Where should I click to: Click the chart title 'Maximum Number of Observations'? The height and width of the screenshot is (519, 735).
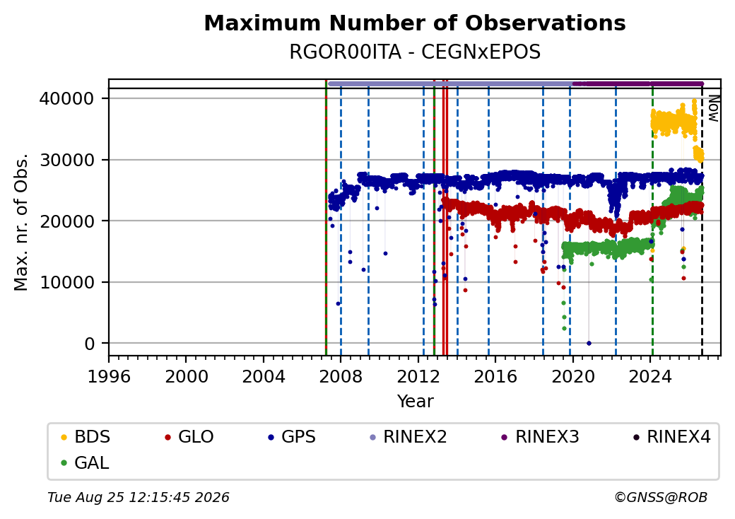tap(415, 23)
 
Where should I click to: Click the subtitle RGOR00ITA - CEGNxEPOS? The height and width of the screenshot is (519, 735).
tap(415, 52)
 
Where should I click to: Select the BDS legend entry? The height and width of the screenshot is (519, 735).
tap(86, 437)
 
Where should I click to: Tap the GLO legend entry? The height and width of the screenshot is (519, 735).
tap(189, 437)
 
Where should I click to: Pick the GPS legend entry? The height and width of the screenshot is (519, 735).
tap(292, 437)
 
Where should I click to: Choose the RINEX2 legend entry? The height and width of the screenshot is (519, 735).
tap(408, 437)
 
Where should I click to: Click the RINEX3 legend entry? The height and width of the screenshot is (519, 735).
tap(540, 437)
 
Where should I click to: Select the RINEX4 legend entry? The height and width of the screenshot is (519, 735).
tap(672, 437)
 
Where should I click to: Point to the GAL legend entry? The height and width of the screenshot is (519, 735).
tap(86, 462)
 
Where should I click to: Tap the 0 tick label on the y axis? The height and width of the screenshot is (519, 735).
tap(90, 344)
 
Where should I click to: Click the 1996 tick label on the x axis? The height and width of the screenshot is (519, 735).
tap(109, 376)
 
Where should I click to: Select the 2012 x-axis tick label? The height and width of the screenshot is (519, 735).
tap(418, 376)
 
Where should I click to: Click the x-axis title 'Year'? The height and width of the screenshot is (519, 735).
tap(416, 402)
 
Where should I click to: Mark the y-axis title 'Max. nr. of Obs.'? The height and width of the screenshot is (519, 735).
tap(21, 222)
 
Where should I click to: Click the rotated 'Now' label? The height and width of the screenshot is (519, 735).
tap(713, 108)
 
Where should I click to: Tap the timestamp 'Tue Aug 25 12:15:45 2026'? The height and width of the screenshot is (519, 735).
tap(139, 497)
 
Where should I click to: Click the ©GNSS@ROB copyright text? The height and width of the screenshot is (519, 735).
tap(661, 497)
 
